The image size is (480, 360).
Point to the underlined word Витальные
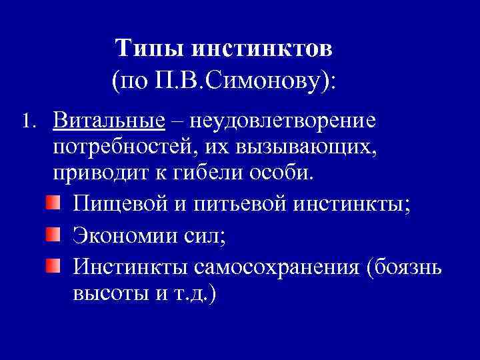pos(109,121)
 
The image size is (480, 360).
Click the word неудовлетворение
pos(283,123)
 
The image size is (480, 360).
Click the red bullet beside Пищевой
pos(53,202)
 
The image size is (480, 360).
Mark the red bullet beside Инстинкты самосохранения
pos(53,266)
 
